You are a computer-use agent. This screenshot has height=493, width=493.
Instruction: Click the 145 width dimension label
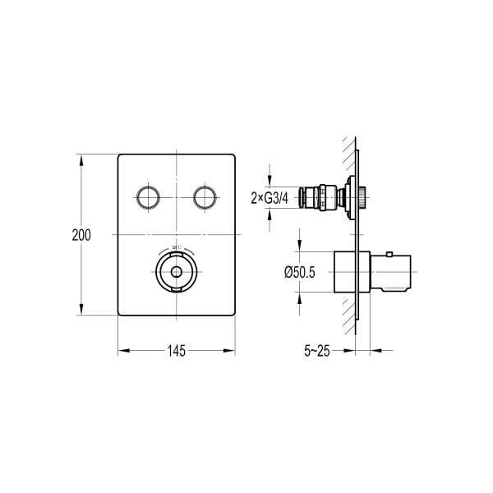click(x=177, y=351)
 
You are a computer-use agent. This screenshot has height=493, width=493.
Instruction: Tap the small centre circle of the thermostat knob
click(x=176, y=274)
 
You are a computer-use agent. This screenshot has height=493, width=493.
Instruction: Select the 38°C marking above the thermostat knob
click(x=176, y=247)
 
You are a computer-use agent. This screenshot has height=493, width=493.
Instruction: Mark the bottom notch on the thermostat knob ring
click(x=176, y=290)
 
